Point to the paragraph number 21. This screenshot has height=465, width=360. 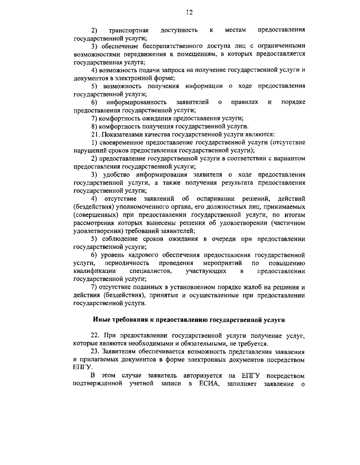click(x=95, y=134)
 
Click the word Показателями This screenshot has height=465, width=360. click(x=120, y=134)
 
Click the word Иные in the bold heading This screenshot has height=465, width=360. click(x=101, y=320)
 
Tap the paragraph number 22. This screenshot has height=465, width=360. click(x=95, y=335)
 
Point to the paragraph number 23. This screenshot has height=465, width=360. click(x=95, y=351)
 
